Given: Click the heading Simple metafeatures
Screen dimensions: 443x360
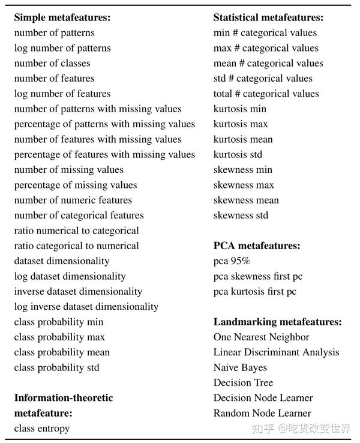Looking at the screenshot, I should tap(62, 17).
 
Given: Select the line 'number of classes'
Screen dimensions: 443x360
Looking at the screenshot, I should tap(52, 63).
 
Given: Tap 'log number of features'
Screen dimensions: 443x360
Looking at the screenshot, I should tap(62, 94).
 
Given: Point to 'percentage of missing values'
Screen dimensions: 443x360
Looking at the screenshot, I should tap(76, 185).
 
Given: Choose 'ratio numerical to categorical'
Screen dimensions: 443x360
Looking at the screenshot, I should tap(76, 231).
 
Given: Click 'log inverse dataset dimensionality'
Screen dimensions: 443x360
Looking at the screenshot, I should tap(86, 307).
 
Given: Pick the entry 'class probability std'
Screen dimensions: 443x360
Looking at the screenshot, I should tap(56, 367).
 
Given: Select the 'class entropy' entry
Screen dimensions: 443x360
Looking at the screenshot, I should tap(42, 429).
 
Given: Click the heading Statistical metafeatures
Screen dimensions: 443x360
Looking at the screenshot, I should tap(268, 17).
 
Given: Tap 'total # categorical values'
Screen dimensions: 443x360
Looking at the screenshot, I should tap(266, 94).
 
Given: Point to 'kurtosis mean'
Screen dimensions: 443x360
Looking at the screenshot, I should tap(243, 139).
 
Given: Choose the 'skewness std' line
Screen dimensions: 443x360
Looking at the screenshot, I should tap(241, 215).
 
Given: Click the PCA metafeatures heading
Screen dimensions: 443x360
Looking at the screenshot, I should tap(257, 246).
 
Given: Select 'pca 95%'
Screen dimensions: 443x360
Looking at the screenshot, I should tap(232, 261).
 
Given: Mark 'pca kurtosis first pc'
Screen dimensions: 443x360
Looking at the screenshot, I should tap(255, 292).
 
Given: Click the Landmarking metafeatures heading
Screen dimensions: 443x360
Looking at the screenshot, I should tap(277, 322).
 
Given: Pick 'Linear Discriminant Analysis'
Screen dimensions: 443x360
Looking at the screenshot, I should tap(276, 352).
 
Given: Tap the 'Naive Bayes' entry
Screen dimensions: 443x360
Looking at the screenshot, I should tap(240, 367).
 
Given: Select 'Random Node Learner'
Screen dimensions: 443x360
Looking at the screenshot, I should tap(262, 413).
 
